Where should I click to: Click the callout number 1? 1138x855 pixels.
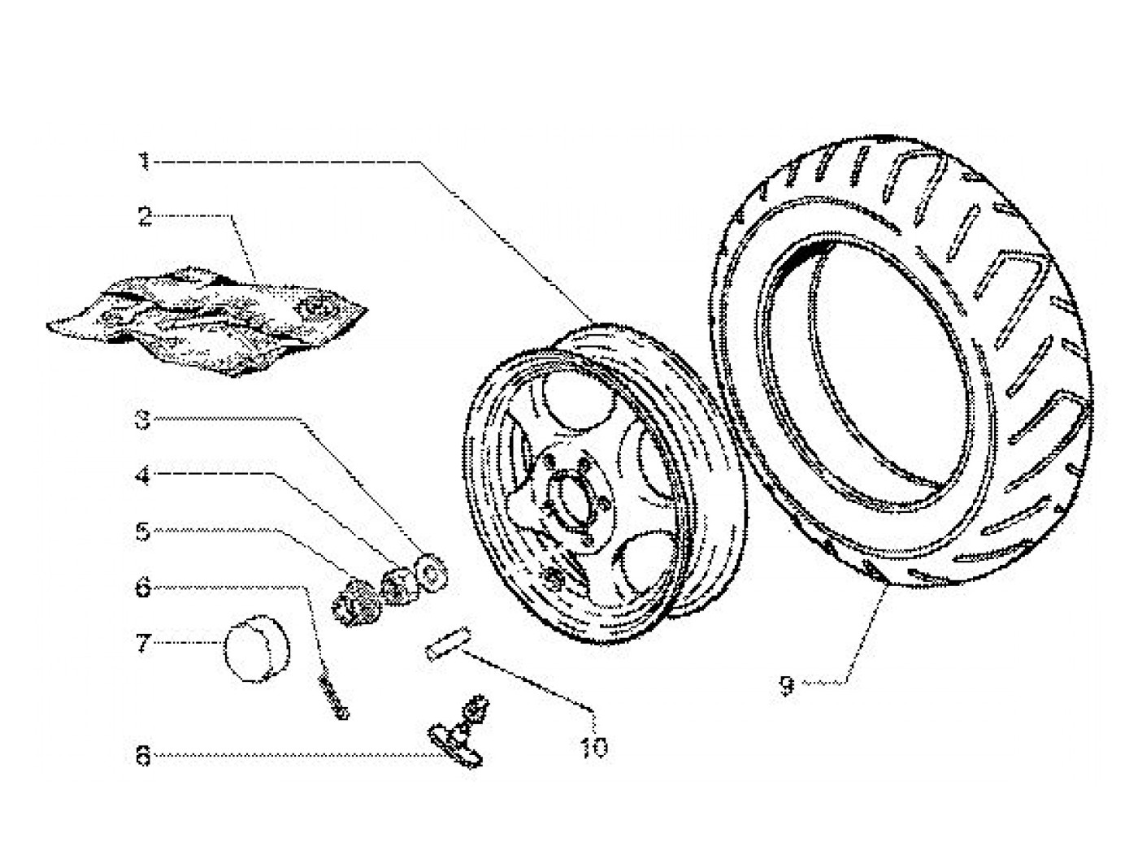pyautogui.click(x=144, y=162)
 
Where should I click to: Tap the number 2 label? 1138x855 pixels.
pyautogui.click(x=144, y=217)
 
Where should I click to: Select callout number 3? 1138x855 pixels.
pyautogui.click(x=143, y=420)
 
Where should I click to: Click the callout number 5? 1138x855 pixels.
pyautogui.click(x=143, y=532)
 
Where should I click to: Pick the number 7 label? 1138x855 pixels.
pyautogui.click(x=143, y=645)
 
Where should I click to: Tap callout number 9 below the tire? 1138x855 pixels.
pyautogui.click(x=785, y=686)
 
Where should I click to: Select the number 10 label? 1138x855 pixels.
pyautogui.click(x=595, y=746)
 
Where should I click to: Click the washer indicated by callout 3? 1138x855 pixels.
pyautogui.click(x=429, y=571)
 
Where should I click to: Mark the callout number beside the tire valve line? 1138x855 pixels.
pyautogui.click(x=143, y=757)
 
